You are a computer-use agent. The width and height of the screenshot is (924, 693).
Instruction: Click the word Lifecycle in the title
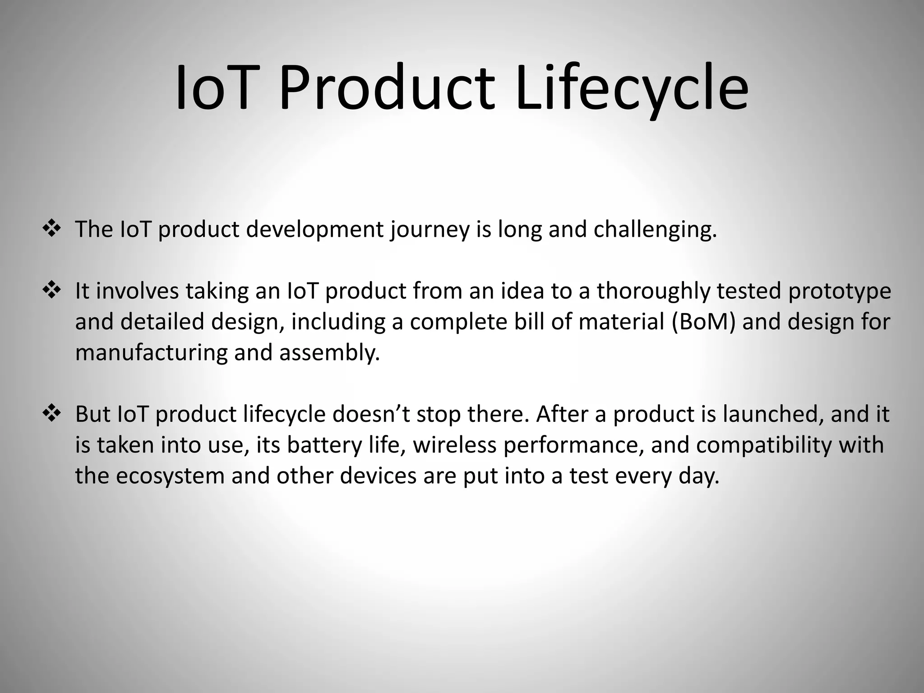point(632,88)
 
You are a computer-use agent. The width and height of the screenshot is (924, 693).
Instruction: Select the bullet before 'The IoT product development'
point(51,229)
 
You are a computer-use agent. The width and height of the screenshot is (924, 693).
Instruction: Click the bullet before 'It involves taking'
point(51,290)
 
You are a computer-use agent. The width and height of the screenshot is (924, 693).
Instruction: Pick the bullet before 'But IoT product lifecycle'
point(51,413)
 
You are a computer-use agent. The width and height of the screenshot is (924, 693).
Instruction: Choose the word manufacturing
point(151,353)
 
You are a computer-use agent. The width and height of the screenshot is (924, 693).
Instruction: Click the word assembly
point(329,353)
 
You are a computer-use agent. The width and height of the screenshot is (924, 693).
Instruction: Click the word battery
point(324,445)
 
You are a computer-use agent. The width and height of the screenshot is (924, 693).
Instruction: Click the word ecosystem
point(170,476)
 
